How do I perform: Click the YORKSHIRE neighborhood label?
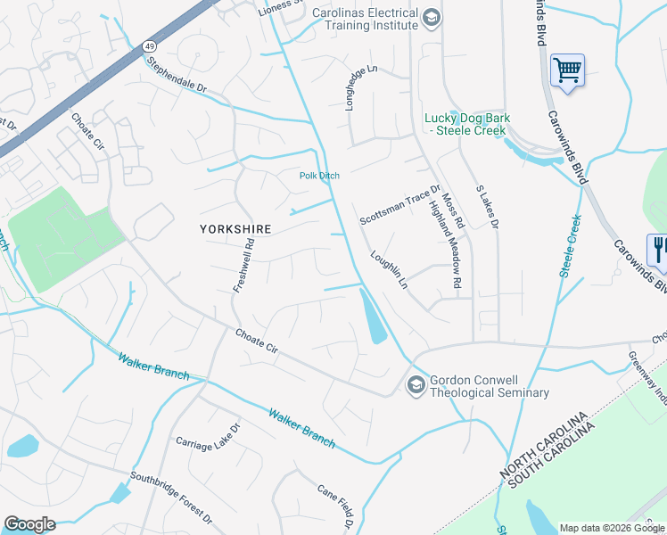point(235,229)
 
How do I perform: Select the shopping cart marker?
point(567,69)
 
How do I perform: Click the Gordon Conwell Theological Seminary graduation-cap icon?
point(415,385)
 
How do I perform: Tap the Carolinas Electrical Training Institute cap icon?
point(432,19)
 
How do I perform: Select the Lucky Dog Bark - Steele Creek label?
point(465,124)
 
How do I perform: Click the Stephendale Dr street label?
point(177,77)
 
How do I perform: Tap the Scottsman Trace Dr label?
point(400,206)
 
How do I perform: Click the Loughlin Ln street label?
point(389,270)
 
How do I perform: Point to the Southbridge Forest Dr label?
point(171,498)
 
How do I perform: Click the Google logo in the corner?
point(29,524)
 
